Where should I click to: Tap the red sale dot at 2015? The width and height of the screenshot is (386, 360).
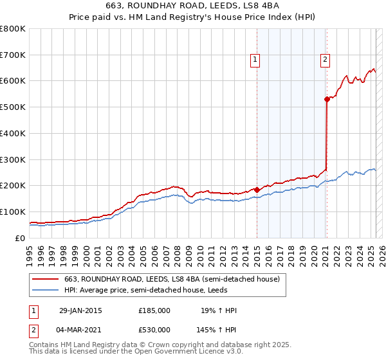point(257,190)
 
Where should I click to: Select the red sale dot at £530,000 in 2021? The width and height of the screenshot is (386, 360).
point(327,99)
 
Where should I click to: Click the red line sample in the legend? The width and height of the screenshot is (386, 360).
point(46,280)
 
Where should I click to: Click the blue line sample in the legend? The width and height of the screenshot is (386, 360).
point(46,291)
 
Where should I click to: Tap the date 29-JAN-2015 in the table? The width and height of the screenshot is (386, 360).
point(80,310)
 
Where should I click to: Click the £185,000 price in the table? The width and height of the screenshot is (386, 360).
point(154,310)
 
